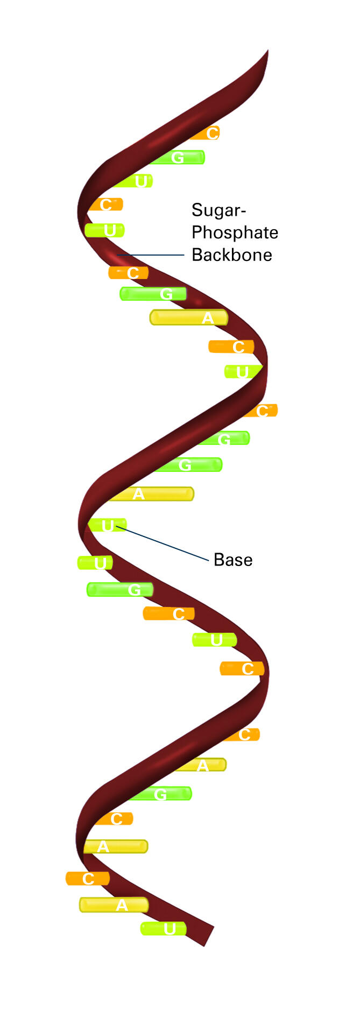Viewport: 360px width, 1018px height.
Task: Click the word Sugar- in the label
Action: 218,210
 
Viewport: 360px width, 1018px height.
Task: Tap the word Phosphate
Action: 235,232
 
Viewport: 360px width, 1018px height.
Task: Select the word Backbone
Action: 232,254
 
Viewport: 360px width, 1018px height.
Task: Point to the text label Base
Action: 233,560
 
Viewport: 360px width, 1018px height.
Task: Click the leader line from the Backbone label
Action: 151,255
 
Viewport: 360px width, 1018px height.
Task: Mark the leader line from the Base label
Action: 163,544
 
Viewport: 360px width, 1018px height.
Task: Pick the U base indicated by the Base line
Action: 107,525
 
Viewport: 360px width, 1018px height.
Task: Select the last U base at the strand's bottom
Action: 164,928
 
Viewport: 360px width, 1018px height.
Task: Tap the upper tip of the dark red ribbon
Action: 267,51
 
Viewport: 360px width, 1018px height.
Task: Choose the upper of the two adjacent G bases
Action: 224,439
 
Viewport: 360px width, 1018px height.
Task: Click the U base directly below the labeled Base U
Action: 95,563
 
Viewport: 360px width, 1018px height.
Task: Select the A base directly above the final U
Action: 114,905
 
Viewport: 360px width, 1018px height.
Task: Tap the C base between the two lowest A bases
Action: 88,879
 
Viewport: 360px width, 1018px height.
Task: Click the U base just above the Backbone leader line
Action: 104,230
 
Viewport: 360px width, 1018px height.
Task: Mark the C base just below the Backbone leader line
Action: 129,273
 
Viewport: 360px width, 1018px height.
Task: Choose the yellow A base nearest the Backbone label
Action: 189,317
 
